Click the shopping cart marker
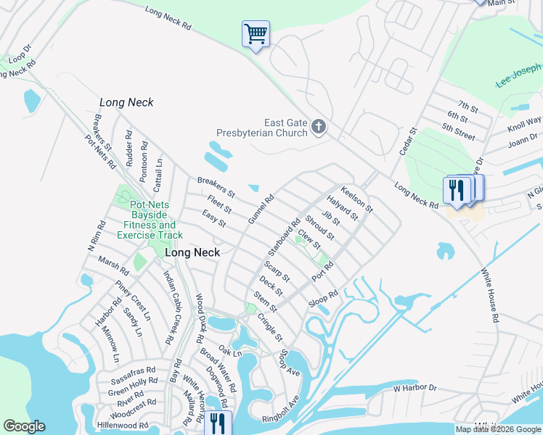256,33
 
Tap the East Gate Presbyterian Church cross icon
318,128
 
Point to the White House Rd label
491,297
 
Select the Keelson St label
356,198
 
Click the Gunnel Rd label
261,209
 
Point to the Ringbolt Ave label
281,409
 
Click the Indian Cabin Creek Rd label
172,303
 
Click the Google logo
25,426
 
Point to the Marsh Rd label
113,266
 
